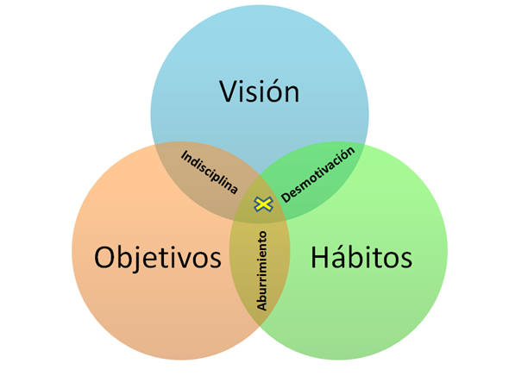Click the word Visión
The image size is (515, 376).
tap(259, 91)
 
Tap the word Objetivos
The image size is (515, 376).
tap(158, 259)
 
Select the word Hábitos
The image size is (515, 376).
tap(361, 256)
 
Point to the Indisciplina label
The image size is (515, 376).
tap(210, 172)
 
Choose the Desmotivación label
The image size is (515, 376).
tap(318, 175)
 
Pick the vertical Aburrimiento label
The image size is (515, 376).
tap(261, 271)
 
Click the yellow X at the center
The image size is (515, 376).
tap(263, 204)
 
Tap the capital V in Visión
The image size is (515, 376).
tap(228, 91)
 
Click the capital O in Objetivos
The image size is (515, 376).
tap(104, 258)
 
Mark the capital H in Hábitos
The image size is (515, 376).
tap(319, 258)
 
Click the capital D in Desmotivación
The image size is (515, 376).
tap(286, 197)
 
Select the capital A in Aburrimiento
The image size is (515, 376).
tap(261, 306)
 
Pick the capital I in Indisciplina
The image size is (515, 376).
tap(183, 154)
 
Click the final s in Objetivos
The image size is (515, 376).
tap(215, 260)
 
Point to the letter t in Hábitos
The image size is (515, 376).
tap(379, 259)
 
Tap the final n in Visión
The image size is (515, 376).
tap(292, 95)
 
